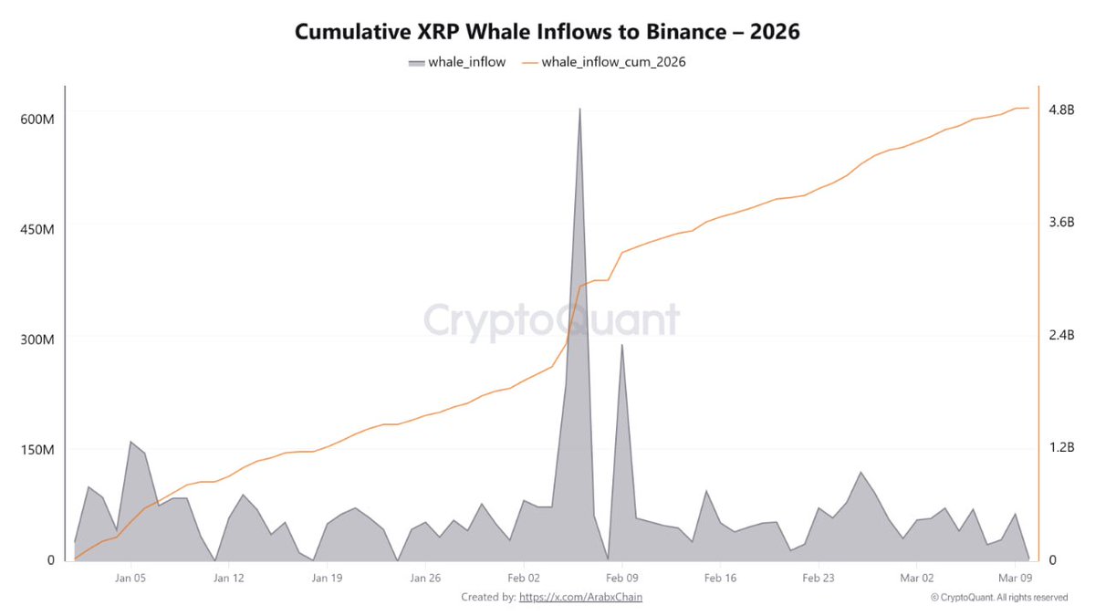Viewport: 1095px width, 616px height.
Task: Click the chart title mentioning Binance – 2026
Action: tap(547, 32)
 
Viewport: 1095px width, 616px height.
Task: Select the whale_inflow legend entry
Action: tap(457, 62)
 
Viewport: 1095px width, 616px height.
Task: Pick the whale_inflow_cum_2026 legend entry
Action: tap(604, 62)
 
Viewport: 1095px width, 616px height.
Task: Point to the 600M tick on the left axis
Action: tap(37, 120)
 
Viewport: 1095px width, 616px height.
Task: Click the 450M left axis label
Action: tap(37, 229)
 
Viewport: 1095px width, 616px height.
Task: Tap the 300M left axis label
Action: tap(37, 339)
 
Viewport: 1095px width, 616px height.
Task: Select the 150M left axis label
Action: tap(37, 449)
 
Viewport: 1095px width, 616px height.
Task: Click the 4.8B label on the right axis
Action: tap(1061, 110)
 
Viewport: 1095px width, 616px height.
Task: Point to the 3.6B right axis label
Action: tap(1061, 222)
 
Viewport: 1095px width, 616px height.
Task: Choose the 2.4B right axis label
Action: tap(1061, 335)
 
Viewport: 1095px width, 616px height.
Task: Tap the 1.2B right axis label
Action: tap(1061, 447)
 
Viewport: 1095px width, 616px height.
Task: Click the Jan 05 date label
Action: tap(130, 578)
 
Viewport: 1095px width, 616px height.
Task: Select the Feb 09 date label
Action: tap(621, 578)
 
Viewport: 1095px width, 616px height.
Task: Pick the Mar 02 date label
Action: tap(916, 578)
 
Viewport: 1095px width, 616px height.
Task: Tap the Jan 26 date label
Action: tap(425, 578)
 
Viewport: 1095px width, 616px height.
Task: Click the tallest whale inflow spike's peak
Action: tap(579, 109)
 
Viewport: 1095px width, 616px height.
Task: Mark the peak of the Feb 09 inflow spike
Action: tap(621, 345)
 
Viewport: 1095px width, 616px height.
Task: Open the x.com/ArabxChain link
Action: tap(580, 597)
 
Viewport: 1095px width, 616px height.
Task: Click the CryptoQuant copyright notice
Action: tap(999, 598)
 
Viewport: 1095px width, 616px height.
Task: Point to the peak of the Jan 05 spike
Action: tap(130, 442)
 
